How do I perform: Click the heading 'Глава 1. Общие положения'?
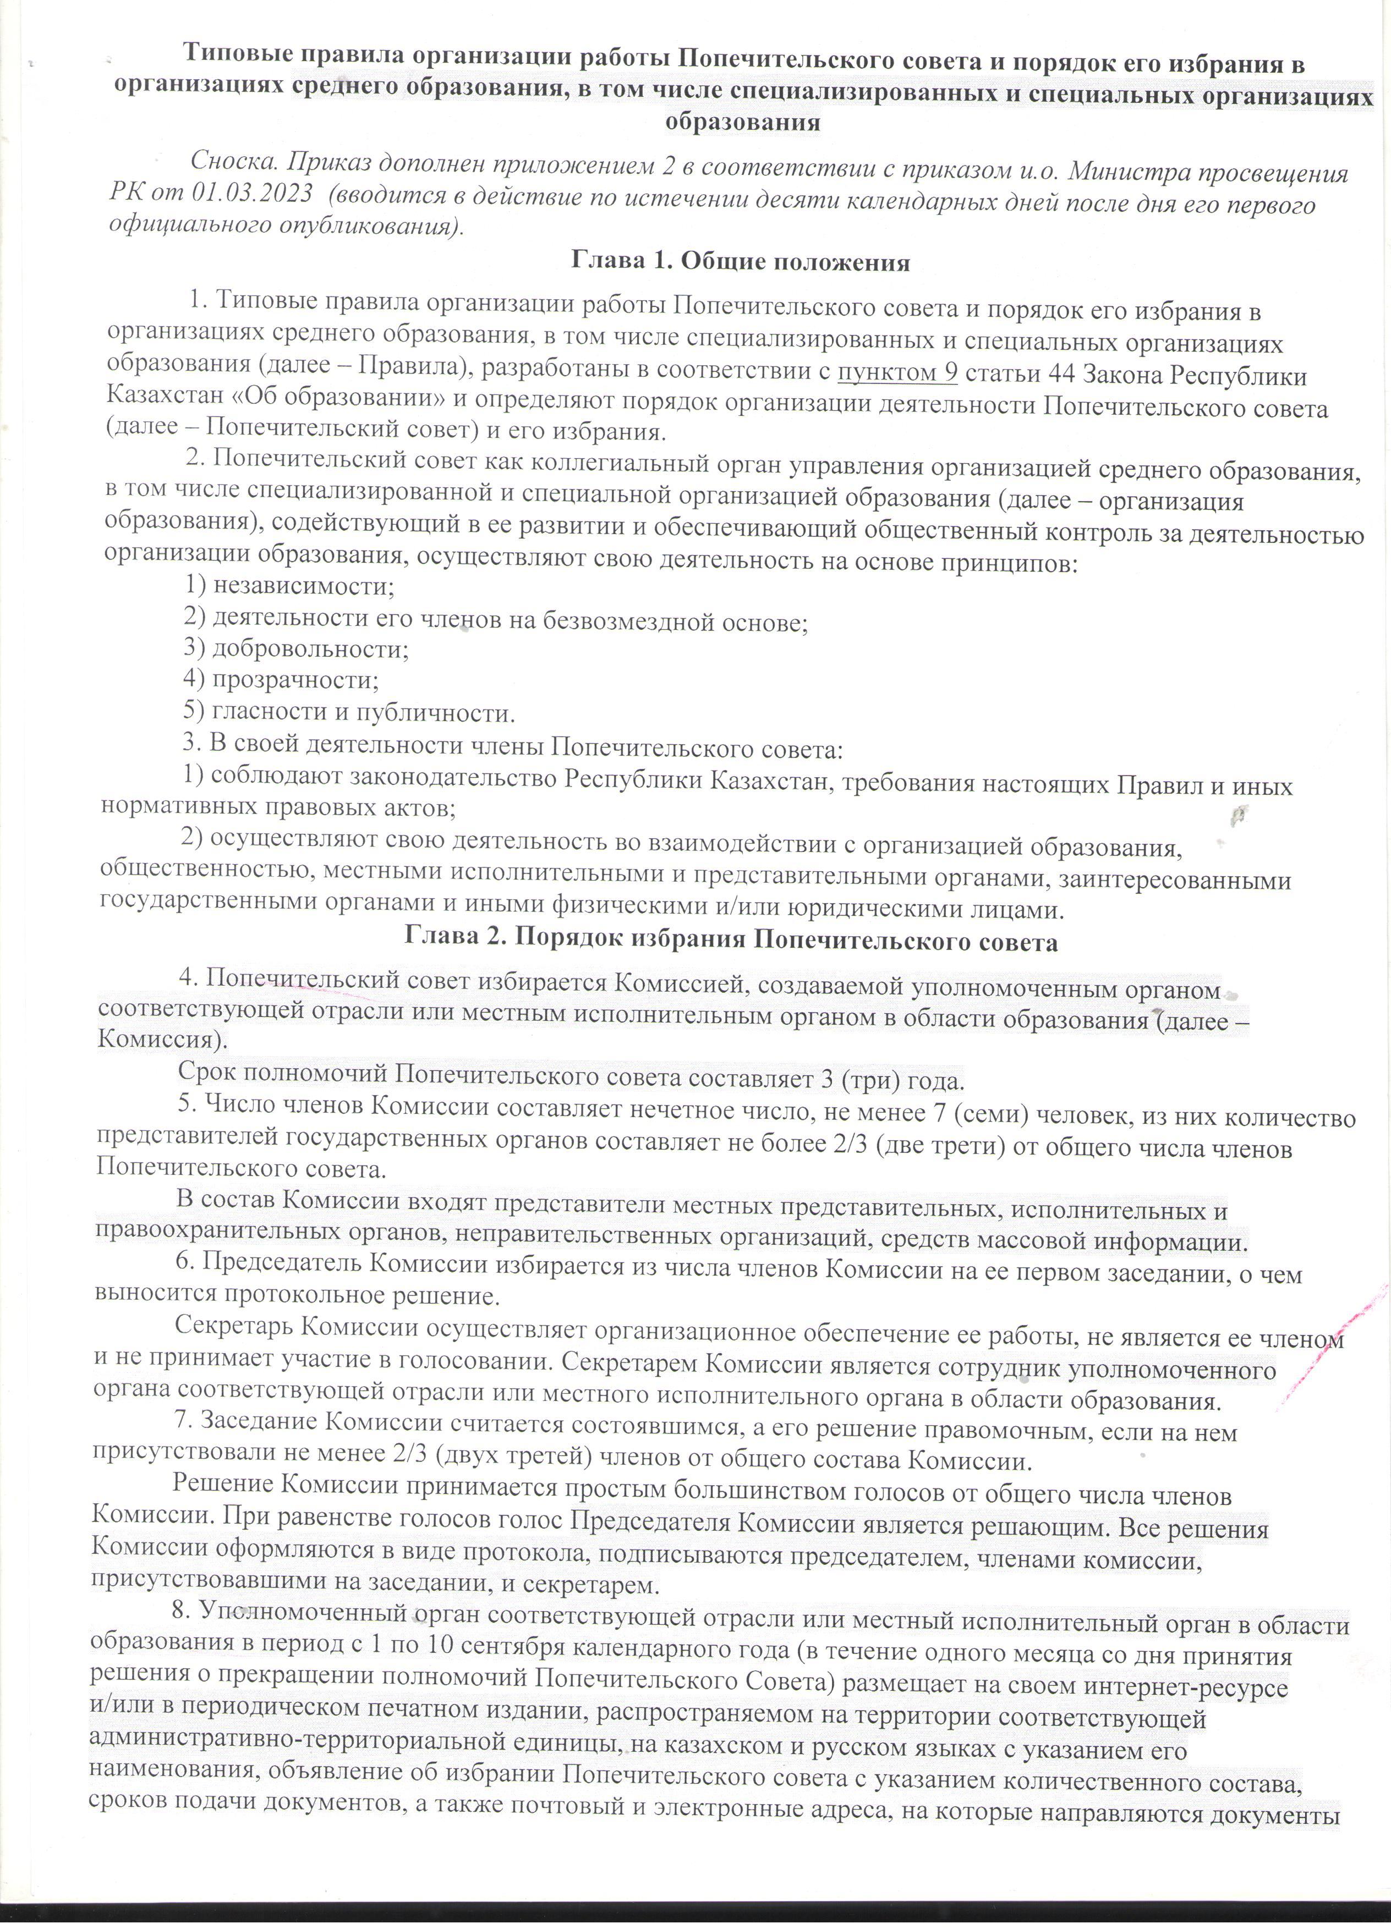[740, 262]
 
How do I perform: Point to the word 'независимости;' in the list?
[303, 586]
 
